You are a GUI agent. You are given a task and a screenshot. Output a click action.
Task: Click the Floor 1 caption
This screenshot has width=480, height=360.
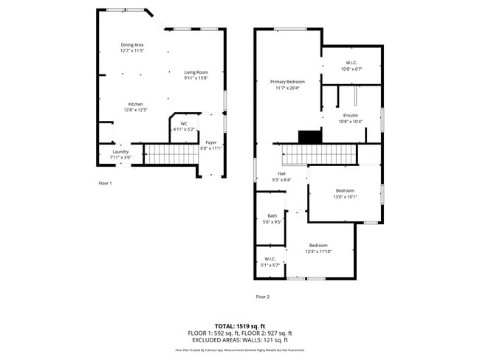(105, 183)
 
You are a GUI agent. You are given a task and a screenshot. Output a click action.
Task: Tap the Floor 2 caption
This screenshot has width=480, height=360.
(263, 297)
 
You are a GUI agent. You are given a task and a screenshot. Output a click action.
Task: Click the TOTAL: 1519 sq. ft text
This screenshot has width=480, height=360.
(240, 325)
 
